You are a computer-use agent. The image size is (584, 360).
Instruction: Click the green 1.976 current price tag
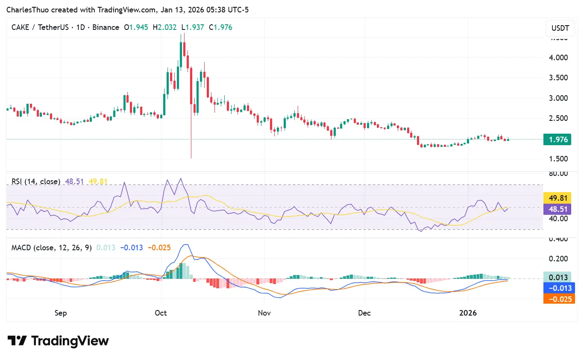(x=557, y=139)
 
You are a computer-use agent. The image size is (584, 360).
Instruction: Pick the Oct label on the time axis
(x=161, y=313)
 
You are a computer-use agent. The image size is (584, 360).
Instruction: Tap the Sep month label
(x=61, y=313)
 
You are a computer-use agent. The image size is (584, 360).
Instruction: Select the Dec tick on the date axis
(x=364, y=313)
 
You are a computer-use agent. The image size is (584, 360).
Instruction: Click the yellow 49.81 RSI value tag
(x=557, y=198)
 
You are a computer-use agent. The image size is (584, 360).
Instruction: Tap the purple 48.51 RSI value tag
(x=557, y=209)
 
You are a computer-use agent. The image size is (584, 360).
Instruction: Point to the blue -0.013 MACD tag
(x=557, y=288)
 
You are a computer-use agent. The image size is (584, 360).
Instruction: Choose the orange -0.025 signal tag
(x=557, y=299)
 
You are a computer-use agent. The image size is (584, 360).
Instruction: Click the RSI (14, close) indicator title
(x=36, y=181)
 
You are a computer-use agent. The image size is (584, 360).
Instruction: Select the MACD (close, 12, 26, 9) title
(x=51, y=247)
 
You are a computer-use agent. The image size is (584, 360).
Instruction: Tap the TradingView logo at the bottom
(x=58, y=341)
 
